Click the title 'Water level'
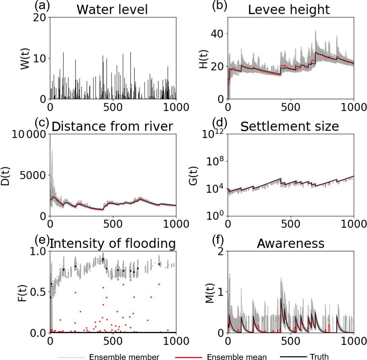pos(112,9)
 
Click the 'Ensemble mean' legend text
pos(237,357)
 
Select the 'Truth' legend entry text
pos(319,356)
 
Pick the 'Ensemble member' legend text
pos(124,357)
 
